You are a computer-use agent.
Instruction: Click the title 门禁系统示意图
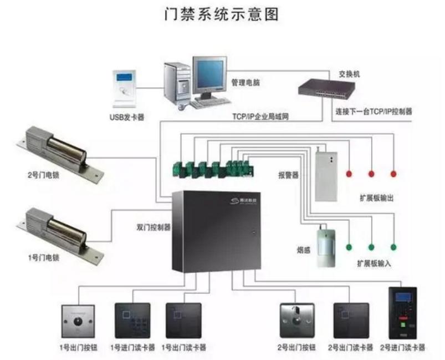click(x=222, y=14)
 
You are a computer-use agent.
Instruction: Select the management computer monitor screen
click(x=209, y=74)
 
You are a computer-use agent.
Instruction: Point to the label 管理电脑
click(x=245, y=83)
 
